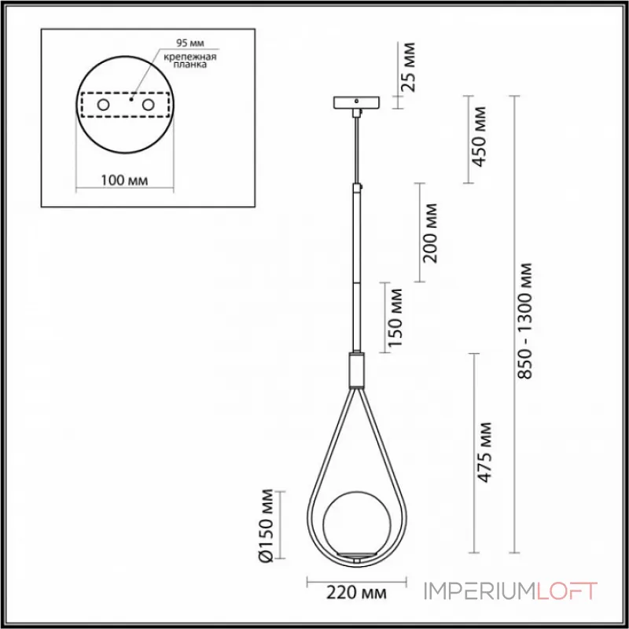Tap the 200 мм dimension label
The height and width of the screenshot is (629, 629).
pyautogui.click(x=430, y=232)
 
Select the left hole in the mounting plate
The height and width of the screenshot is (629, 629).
pyautogui.click(x=104, y=105)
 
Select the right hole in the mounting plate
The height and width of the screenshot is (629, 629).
pyautogui.click(x=147, y=105)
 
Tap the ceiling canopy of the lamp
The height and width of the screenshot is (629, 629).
pyautogui.click(x=356, y=103)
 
